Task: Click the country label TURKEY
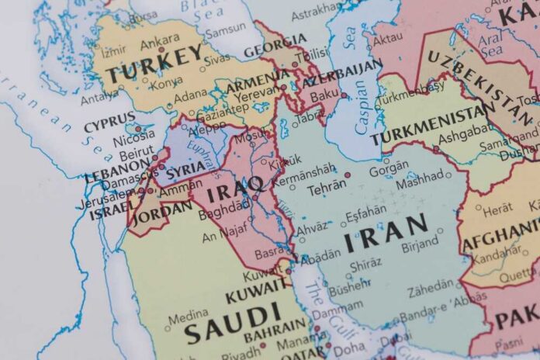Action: (154, 63)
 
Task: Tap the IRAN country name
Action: (386, 232)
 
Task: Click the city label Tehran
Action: (322, 187)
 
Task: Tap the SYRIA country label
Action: (186, 168)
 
